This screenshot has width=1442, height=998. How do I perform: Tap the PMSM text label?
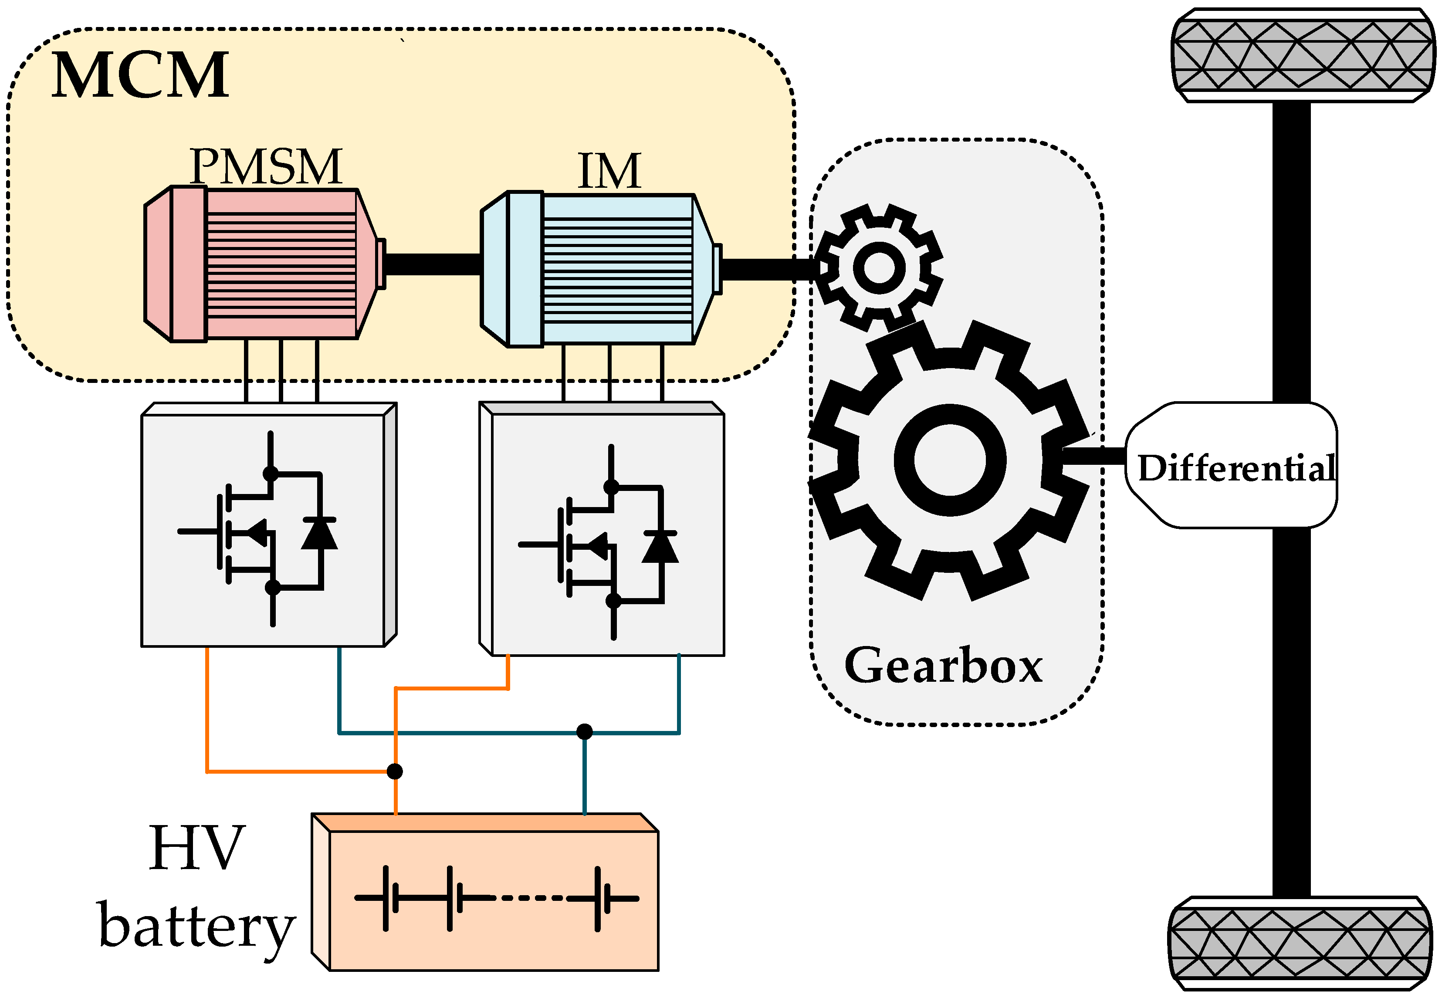click(266, 166)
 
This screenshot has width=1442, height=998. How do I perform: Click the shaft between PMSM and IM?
click(433, 264)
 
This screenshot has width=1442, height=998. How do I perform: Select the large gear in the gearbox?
click(950, 460)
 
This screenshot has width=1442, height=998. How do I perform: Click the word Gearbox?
click(943, 665)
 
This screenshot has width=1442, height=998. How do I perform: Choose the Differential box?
click(1231, 465)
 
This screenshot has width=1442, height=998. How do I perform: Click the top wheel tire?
click(1303, 55)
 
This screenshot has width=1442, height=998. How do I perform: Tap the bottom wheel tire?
click(1301, 943)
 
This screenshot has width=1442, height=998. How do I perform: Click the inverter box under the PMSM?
click(269, 524)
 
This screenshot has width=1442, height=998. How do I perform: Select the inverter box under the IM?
click(602, 529)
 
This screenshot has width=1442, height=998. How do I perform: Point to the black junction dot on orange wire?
click(395, 771)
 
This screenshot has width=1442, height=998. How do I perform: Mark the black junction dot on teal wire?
click(584, 731)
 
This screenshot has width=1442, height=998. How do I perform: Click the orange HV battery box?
click(484, 892)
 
